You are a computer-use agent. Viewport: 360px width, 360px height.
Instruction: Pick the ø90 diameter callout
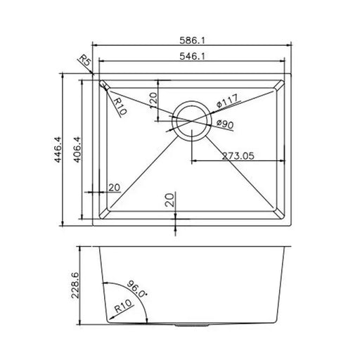(225, 124)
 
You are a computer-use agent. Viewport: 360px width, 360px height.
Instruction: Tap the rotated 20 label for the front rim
(169, 200)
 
